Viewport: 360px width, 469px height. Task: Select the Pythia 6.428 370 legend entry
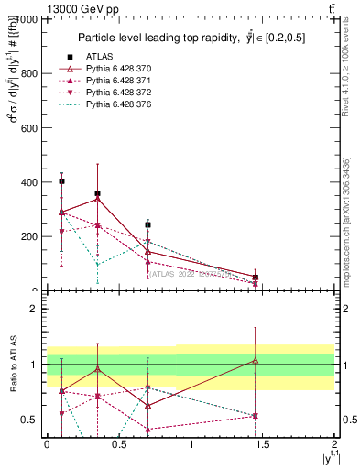pos(115,70)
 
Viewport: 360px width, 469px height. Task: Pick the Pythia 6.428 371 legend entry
pos(115,82)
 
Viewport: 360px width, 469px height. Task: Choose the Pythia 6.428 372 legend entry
pos(115,93)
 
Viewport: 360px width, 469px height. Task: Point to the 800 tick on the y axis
pos(28,74)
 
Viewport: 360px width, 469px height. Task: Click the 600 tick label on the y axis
pos(28,128)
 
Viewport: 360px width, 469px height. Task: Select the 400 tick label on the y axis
pos(28,182)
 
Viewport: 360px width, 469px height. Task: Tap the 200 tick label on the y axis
pos(28,236)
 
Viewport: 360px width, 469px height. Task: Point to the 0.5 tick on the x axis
pos(118,443)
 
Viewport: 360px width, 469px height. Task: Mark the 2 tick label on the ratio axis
pos(32,309)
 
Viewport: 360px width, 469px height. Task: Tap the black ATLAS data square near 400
pos(61,181)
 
